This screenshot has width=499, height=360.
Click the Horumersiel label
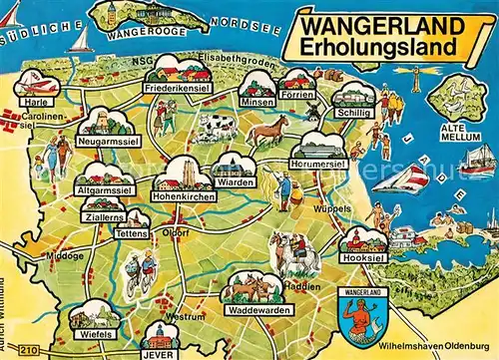pos(317,163)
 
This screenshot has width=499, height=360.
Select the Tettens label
pos(132,232)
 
